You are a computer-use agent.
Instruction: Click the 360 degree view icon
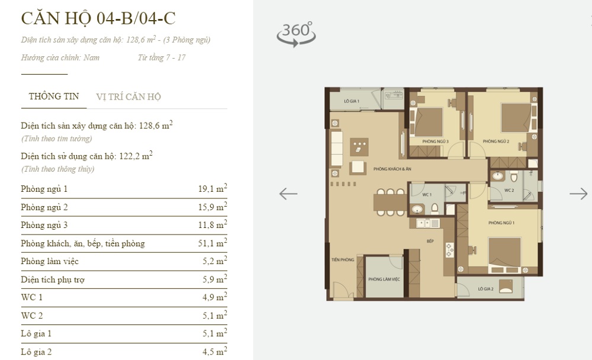(296, 34)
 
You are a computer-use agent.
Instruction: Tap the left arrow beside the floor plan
(288, 194)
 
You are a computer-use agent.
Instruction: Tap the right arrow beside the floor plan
(578, 194)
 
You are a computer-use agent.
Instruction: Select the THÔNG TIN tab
(54, 97)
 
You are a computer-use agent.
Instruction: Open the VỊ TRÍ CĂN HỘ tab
(128, 97)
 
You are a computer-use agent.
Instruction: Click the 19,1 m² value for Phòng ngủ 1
(213, 189)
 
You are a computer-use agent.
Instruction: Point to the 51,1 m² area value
(213, 243)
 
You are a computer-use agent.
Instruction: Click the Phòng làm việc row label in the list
(50, 261)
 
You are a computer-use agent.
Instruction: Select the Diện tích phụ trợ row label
(52, 279)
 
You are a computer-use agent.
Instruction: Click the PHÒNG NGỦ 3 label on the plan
(435, 142)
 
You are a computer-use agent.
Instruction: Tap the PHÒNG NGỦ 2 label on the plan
(496, 142)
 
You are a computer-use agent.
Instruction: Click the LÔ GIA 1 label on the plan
(352, 102)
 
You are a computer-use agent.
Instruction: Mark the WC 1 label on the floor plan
(427, 195)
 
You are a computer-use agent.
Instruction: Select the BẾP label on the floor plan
(430, 242)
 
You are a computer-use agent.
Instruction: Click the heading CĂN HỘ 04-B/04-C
(98, 18)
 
